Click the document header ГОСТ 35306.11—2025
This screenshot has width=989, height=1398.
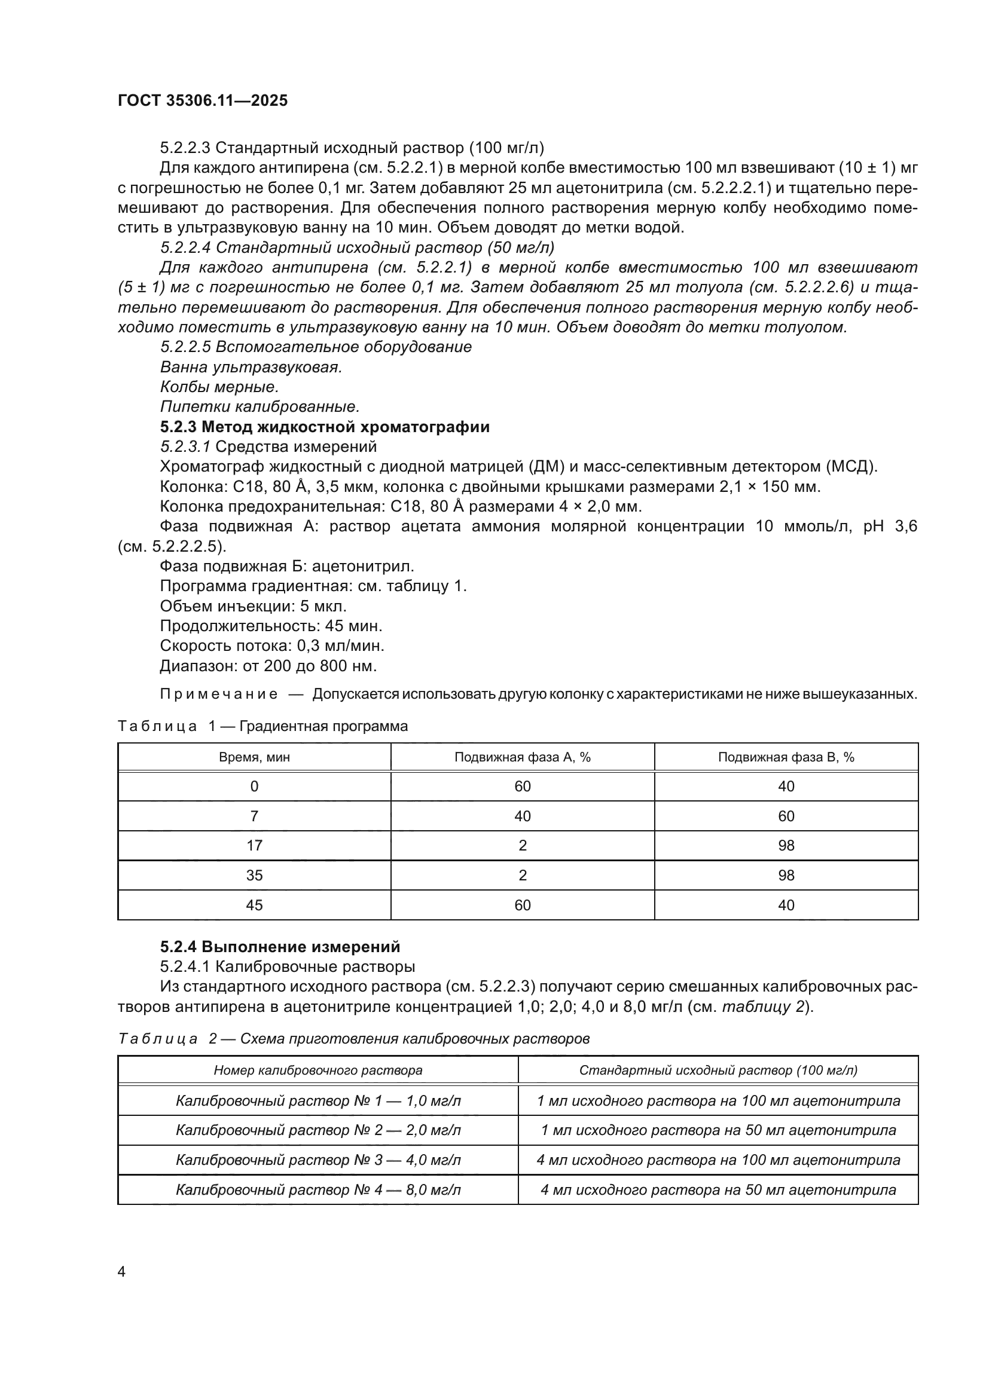(202, 100)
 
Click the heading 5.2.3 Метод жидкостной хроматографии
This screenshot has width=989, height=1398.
(325, 427)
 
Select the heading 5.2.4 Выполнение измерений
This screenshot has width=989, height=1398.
(280, 947)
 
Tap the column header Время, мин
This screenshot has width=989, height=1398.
(254, 757)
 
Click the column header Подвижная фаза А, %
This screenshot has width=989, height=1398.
(522, 757)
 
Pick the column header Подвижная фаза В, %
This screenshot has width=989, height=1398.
(786, 757)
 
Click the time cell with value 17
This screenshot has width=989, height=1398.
(254, 845)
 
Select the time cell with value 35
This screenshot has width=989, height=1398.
(254, 875)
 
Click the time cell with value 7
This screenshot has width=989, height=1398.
(254, 816)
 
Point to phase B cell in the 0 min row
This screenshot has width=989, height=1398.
(786, 786)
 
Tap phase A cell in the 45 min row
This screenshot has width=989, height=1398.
(522, 905)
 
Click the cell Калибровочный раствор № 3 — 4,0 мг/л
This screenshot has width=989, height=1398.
(318, 1160)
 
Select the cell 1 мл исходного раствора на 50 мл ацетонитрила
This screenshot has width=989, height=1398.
(718, 1130)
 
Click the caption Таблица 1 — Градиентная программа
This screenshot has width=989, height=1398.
(262, 726)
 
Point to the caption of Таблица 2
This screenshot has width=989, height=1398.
(353, 1039)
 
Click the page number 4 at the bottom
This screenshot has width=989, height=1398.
(121, 1271)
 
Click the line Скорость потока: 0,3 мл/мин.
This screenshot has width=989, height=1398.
(271, 646)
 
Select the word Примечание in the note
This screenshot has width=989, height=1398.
(219, 694)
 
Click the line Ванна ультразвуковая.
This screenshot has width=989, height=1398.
(251, 367)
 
